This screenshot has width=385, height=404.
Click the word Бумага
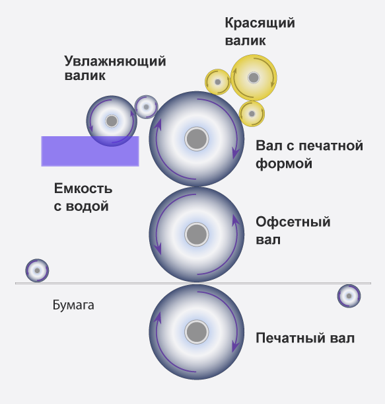[73, 305]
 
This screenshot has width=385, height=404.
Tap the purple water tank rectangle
[90, 151]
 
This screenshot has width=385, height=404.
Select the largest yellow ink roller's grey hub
[254, 77]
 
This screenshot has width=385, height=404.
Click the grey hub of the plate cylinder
[196, 139]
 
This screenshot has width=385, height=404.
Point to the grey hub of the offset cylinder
[196, 235]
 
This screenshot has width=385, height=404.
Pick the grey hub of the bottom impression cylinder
[196, 332]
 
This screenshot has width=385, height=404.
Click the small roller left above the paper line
[37, 270]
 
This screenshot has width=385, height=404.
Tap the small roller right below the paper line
[349, 296]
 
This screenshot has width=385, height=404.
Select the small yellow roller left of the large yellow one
[218, 82]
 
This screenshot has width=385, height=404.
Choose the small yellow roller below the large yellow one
[252, 114]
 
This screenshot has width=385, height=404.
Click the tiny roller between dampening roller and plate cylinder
[146, 107]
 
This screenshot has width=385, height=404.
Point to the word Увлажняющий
[115, 61]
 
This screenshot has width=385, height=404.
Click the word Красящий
[260, 23]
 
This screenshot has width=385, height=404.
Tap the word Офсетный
[293, 222]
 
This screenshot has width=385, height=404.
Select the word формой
[284, 164]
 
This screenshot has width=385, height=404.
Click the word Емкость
[83, 188]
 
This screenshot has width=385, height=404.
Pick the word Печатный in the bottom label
[291, 338]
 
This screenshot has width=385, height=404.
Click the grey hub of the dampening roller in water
[112, 121]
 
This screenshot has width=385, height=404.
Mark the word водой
[87, 206]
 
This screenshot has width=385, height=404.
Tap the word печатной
[331, 145]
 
